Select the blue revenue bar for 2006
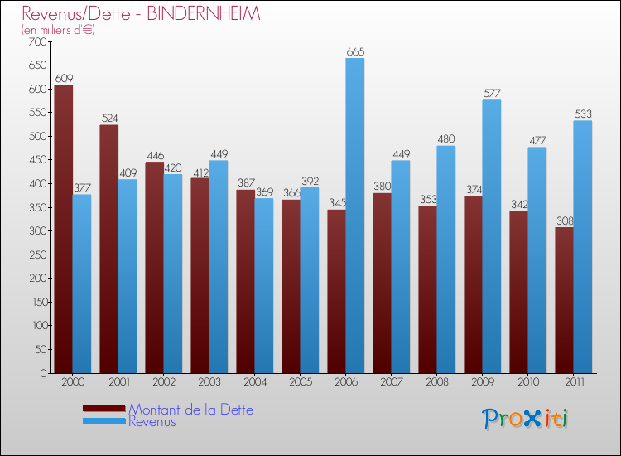pos(355,216)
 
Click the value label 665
pos(355,51)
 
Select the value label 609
pos(64,78)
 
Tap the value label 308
pos(564,221)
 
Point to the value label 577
pos(492,93)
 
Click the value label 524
pos(109,119)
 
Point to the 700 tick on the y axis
pos(38,41)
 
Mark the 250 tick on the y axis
pos(38,255)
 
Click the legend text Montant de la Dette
pos(191,410)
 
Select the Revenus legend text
pos(152,421)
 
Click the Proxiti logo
pos(525,419)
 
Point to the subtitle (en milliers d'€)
pos(59,30)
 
